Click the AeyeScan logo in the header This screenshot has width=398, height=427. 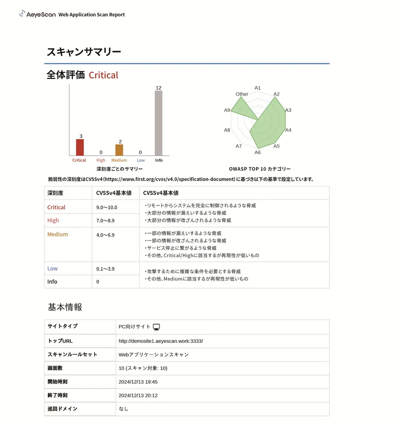[x=37, y=14]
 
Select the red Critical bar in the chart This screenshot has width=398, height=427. [x=80, y=147]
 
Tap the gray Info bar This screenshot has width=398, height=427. [x=158, y=123]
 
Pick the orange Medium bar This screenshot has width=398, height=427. [x=119, y=150]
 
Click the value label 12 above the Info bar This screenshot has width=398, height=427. [x=158, y=88]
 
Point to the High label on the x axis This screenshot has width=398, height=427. [x=101, y=160]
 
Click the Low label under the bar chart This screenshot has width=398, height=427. [x=141, y=160]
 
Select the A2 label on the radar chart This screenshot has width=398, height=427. [x=276, y=94]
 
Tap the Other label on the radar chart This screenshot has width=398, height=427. [x=242, y=94]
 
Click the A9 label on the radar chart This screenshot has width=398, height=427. [x=227, y=110]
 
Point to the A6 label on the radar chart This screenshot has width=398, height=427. [x=258, y=152]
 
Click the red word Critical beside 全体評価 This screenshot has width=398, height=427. [x=103, y=75]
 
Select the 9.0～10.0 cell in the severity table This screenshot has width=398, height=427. [x=107, y=208]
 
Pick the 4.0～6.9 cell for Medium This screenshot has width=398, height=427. [x=105, y=235]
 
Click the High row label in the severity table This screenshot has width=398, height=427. [x=53, y=220]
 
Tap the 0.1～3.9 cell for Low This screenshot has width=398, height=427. [x=105, y=269]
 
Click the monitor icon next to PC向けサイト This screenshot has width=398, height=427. [x=157, y=327]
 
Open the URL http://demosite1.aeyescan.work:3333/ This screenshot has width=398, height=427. [x=161, y=341]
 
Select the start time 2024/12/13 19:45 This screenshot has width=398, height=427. [x=138, y=382]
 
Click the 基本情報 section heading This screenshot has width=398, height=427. [x=65, y=307]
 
